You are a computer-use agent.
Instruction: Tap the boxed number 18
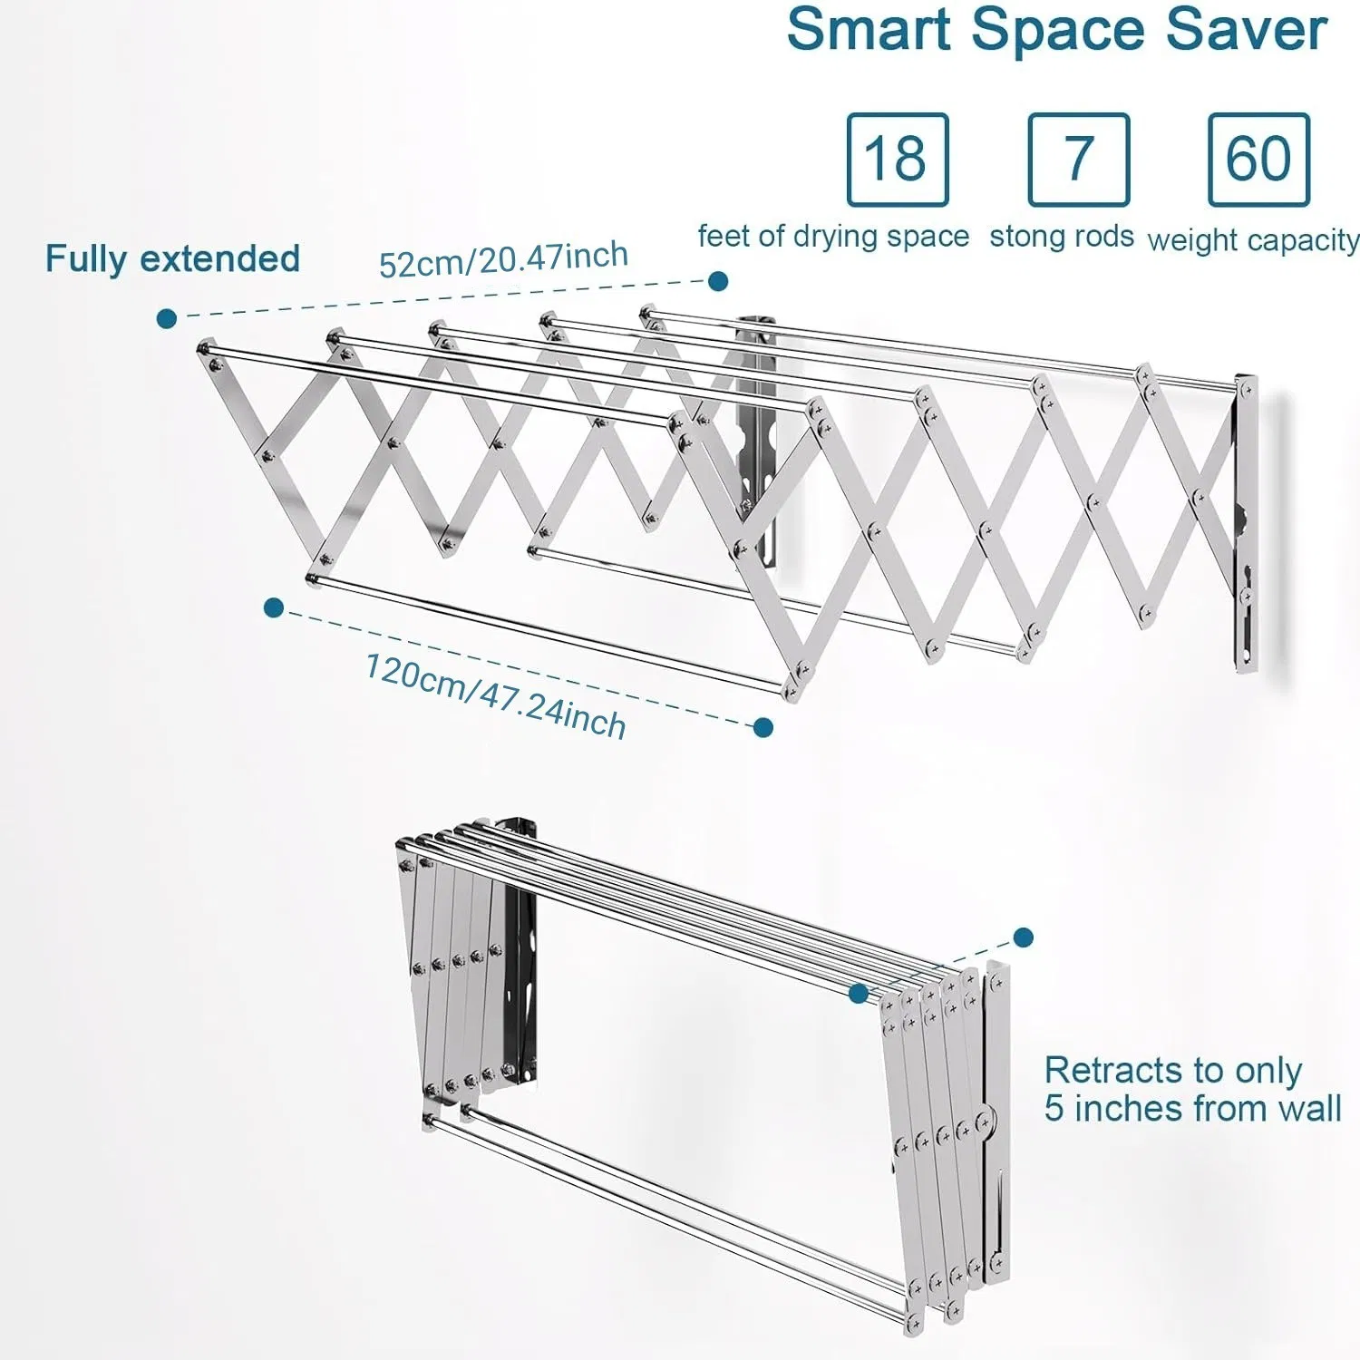(897, 160)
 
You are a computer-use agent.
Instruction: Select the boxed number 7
(1078, 160)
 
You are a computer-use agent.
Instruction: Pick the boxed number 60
(1258, 160)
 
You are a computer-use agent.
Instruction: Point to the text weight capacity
(1253, 240)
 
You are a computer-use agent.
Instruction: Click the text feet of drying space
(833, 237)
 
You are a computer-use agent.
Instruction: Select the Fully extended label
(172, 259)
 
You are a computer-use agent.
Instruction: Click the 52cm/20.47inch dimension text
(503, 260)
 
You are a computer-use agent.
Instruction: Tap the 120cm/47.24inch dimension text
(495, 695)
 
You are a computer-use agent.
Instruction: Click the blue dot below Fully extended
(167, 318)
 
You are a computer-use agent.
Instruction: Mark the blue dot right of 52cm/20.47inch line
(718, 281)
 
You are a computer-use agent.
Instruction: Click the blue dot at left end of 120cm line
(273, 607)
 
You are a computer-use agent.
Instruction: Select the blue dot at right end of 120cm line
(763, 727)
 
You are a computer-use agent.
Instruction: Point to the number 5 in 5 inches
(1054, 1109)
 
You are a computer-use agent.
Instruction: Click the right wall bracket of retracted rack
(997, 1124)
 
